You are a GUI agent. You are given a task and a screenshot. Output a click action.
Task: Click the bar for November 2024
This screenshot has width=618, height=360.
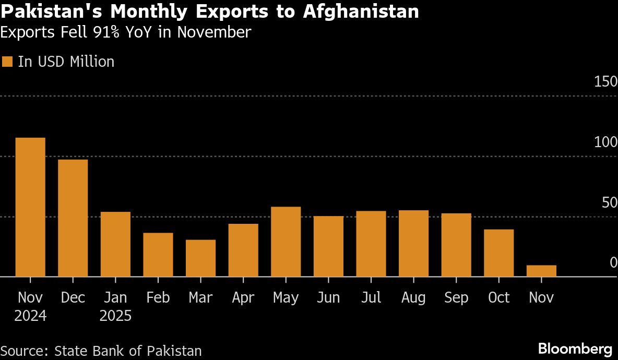[x=30, y=207]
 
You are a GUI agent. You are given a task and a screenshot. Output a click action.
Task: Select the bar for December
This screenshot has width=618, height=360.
[x=73, y=218]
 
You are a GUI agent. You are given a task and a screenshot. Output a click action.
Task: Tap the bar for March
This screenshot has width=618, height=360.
[x=201, y=258]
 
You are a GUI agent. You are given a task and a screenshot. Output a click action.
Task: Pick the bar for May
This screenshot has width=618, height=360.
[x=286, y=242]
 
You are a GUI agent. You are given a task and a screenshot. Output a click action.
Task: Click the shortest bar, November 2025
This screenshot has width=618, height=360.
[x=541, y=271]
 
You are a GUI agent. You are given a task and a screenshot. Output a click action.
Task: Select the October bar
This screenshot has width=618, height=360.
[x=498, y=253]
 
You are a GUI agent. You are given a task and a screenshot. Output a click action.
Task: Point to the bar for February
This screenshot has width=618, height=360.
[x=158, y=255]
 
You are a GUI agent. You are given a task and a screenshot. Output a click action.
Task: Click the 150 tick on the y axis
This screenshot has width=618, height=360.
[x=605, y=82]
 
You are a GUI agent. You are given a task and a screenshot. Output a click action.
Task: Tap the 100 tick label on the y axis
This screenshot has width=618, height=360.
[x=605, y=142]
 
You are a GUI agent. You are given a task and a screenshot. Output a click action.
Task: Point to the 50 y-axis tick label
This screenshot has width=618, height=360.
[x=609, y=203]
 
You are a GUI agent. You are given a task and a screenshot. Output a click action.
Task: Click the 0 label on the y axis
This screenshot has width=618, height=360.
[x=613, y=263]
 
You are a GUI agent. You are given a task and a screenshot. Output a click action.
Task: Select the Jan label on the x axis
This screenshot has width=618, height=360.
[x=115, y=297]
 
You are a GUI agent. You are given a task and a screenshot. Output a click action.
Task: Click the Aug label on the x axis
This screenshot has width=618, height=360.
[x=413, y=297]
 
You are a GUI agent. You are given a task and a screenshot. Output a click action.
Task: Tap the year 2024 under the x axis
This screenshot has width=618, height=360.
[x=30, y=316]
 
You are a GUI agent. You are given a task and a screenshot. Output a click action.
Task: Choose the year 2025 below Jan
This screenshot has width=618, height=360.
[x=115, y=316]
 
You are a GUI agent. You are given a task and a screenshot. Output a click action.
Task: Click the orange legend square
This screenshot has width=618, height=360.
[x=7, y=62]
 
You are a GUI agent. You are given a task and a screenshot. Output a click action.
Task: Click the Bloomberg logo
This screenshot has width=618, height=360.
[x=575, y=349]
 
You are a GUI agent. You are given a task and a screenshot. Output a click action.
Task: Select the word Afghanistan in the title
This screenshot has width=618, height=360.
[x=361, y=11]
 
